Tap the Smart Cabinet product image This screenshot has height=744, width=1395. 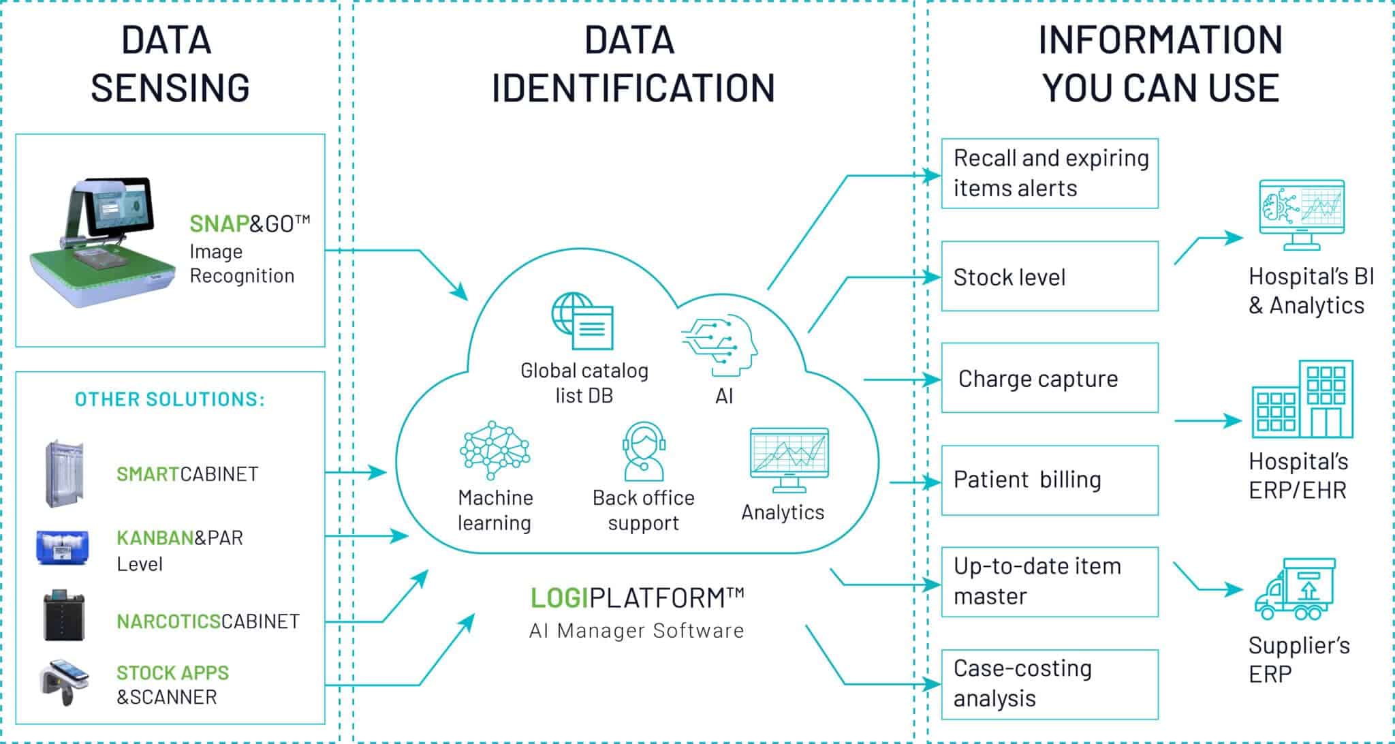tap(63, 474)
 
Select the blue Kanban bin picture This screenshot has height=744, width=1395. tap(63, 548)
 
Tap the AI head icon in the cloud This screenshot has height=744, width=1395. tap(721, 345)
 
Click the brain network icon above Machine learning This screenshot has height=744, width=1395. tap(495, 449)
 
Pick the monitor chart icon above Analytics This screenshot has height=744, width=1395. tap(789, 459)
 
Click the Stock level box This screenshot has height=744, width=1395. tap(1049, 277)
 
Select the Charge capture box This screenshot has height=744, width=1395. tap(1049, 378)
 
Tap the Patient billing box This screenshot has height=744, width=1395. tap(1049, 480)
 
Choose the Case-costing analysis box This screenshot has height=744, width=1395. tap(1049, 683)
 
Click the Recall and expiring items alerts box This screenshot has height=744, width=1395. tap(1049, 173)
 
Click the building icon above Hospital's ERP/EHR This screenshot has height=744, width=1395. tap(1302, 400)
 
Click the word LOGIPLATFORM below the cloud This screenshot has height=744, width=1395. tap(636, 598)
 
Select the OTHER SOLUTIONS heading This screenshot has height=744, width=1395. tap(170, 399)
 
